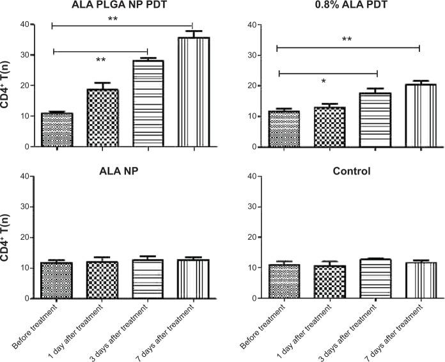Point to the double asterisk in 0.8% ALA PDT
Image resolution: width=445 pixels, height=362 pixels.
(347, 40)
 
